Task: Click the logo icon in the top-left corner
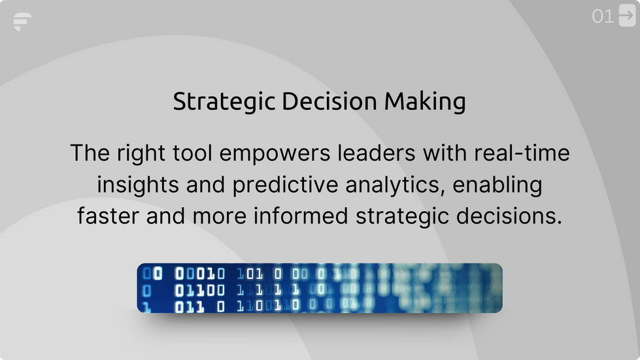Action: pyautogui.click(x=22, y=22)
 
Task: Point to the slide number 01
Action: pyautogui.click(x=603, y=16)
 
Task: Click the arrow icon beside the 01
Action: pyautogui.click(x=626, y=16)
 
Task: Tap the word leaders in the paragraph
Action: pyautogui.click(x=366, y=154)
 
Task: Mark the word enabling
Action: pyautogui.click(x=498, y=186)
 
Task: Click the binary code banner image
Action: pyautogui.click(x=320, y=288)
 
